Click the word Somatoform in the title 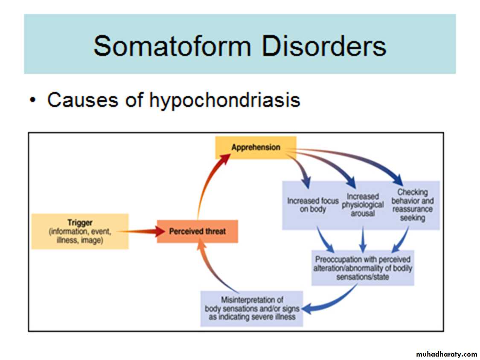(x=172, y=46)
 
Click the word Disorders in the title (x=324, y=46)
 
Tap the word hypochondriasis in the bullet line (x=225, y=100)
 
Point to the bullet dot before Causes (x=33, y=100)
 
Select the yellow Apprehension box (x=256, y=147)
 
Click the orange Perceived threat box (x=198, y=231)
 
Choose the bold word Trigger (x=80, y=222)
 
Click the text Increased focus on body (x=313, y=205)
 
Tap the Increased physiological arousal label (x=363, y=205)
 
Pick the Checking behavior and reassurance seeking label (x=412, y=205)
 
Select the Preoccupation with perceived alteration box (x=363, y=268)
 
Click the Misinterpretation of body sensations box (x=252, y=308)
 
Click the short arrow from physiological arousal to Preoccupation (x=363, y=239)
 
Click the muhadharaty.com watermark (x=446, y=354)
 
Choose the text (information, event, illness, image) (x=80, y=236)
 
